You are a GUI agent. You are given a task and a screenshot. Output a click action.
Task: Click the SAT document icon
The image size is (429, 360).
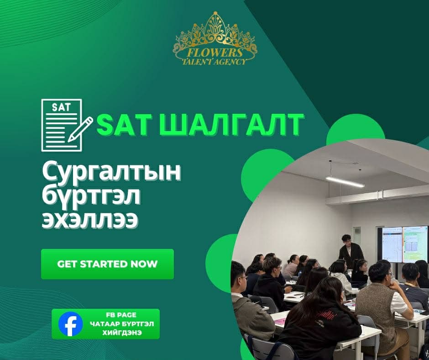61,125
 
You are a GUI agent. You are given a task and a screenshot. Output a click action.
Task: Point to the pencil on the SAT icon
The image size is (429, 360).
80,129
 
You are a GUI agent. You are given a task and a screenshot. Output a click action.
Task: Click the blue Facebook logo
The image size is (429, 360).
71,324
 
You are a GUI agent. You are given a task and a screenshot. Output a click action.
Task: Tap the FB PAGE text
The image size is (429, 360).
122,315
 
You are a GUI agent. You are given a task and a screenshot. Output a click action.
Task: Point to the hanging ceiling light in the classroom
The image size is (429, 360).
345,181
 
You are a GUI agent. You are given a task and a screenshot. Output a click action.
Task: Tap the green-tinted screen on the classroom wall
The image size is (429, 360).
415,244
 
